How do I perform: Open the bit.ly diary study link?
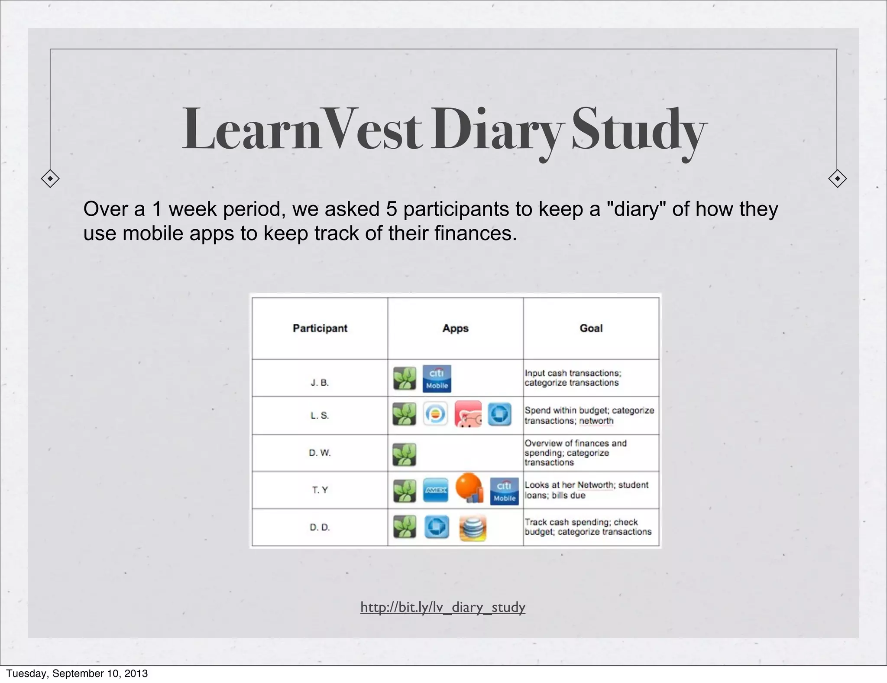443,607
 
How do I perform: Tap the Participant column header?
320,328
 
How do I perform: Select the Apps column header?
455,328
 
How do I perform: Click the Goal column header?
591,328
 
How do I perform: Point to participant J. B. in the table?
320,383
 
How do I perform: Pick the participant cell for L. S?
320,415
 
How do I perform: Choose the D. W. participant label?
320,452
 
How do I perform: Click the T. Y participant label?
320,490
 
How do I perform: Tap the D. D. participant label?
320,527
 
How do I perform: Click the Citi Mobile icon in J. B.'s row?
437,378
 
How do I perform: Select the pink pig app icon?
468,414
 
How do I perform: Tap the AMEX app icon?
435,490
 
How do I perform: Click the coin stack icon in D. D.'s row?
473,528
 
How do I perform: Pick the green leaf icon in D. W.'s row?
404,454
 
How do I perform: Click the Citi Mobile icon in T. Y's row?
504,491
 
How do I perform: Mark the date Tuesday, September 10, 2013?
77,673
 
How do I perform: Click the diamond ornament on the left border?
50,179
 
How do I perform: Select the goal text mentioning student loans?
586,490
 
